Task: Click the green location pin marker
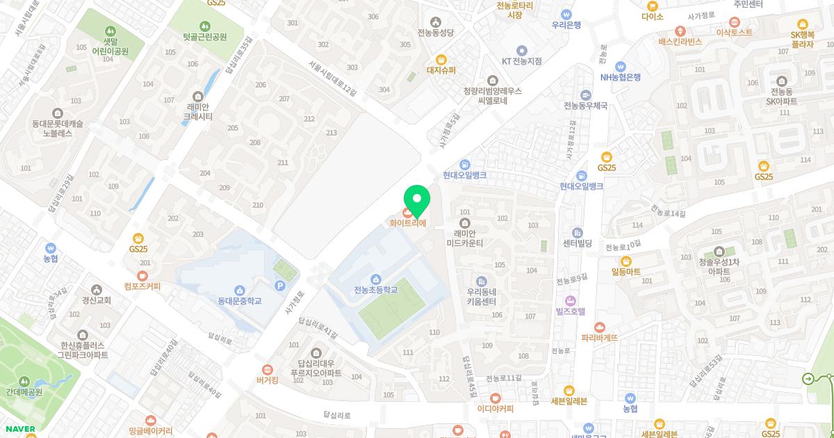pyautogui.click(x=417, y=200)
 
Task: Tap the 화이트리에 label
pyautogui.click(x=407, y=223)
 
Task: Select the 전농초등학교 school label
pyautogui.click(x=375, y=289)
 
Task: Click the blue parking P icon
pyautogui.click(x=280, y=286)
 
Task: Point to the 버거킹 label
pyautogui.click(x=267, y=380)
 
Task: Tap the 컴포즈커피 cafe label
pyautogui.click(x=142, y=286)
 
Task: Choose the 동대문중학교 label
pyautogui.click(x=239, y=301)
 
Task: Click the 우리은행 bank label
pyautogui.click(x=566, y=24)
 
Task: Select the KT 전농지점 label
pyautogui.click(x=522, y=60)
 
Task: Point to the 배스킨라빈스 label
pyautogui.click(x=680, y=41)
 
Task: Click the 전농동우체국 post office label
pyautogui.click(x=586, y=106)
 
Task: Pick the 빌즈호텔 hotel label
pyautogui.click(x=571, y=311)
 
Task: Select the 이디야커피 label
pyautogui.click(x=495, y=408)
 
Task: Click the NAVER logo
pyautogui.click(x=19, y=429)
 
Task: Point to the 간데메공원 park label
pyautogui.click(x=24, y=391)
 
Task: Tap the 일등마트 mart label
pyautogui.click(x=625, y=271)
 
